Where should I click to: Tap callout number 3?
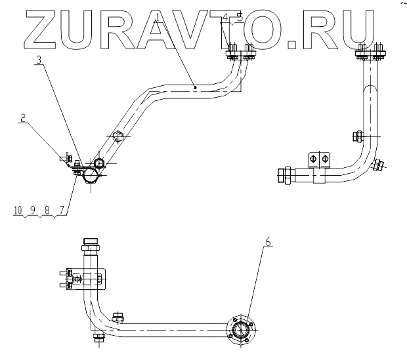point(41,60)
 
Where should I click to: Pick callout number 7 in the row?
point(62,210)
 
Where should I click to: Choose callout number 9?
point(32,210)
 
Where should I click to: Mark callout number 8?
point(47,210)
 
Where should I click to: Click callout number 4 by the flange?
point(226,18)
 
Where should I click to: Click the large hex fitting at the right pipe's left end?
point(286,176)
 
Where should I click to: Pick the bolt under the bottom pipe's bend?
point(98,338)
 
